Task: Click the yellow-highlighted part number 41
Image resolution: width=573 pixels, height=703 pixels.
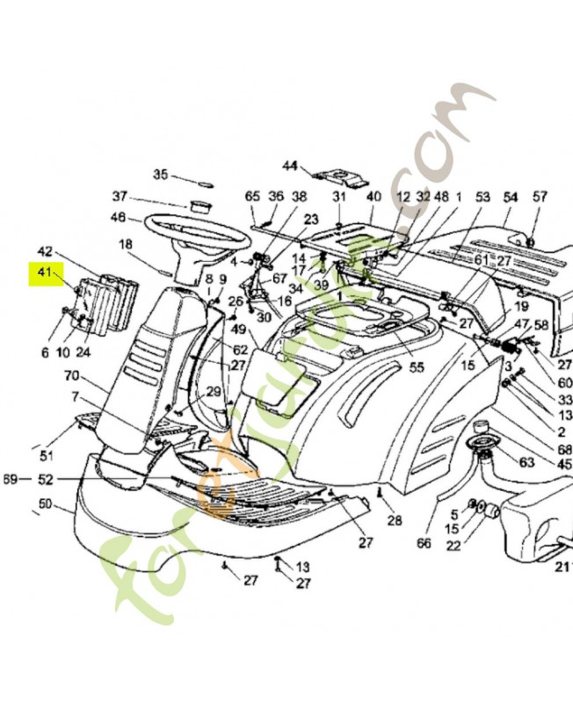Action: (42, 273)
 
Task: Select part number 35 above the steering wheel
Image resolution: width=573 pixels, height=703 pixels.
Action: (160, 173)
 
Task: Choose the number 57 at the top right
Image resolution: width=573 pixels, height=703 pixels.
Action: (539, 196)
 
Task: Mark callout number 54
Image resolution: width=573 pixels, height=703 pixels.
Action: (510, 196)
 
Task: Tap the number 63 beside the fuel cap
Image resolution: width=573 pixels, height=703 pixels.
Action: (526, 460)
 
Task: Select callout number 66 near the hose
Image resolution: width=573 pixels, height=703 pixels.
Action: (424, 544)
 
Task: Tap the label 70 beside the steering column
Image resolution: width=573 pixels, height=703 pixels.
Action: (71, 376)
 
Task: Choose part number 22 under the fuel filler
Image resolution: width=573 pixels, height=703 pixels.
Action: (453, 546)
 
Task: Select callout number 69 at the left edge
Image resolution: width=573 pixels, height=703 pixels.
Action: (11, 479)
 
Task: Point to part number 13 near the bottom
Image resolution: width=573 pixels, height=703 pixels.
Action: (302, 566)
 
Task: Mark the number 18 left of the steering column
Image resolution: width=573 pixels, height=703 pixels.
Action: (126, 243)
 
